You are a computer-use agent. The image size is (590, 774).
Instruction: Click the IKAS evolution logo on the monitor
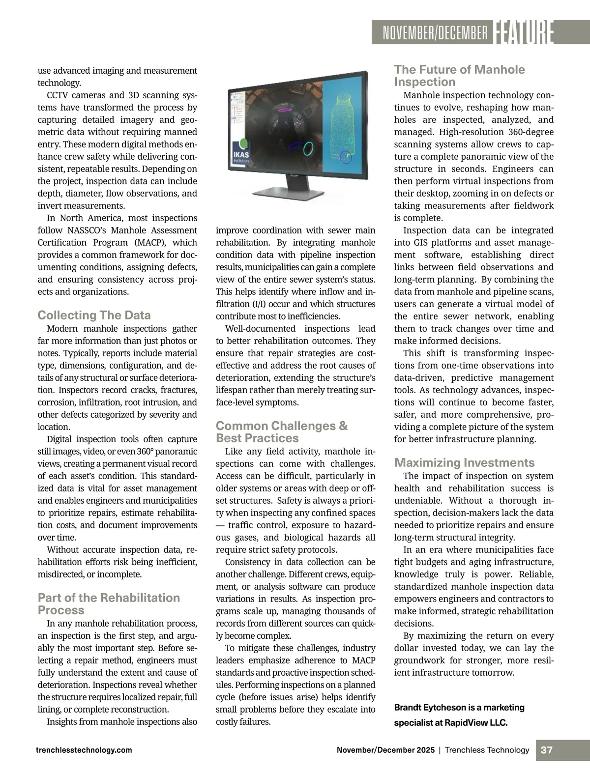pos(241,152)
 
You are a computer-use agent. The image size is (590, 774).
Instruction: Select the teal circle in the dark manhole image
pos(308,148)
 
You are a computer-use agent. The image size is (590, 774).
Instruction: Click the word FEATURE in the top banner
pos(523,32)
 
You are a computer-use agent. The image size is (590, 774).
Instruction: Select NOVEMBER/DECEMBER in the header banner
pos(435,33)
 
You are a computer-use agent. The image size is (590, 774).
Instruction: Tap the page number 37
pos(546,750)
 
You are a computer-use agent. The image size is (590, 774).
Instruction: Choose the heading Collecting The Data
pos(94,315)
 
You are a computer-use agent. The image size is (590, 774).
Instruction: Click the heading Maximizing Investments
pos(464,462)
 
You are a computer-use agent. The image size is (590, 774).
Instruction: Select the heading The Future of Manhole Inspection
pos(459,76)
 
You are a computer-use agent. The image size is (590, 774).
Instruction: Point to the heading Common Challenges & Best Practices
pos(281,431)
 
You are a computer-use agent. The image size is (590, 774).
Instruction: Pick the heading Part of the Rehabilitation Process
pos(109,603)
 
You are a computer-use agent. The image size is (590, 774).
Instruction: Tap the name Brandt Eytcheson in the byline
pos(430,707)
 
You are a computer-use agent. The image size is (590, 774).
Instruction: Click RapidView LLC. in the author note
pos(476,722)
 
